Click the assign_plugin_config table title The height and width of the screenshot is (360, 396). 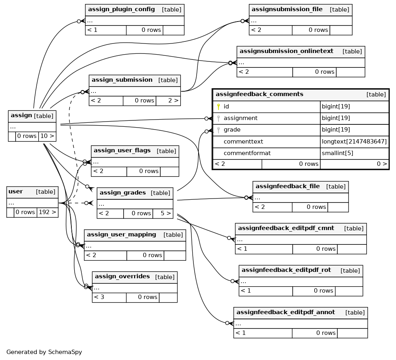pos(121,9)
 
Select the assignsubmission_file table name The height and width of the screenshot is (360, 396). pos(287,9)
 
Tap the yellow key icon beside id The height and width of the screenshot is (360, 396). pos(219,106)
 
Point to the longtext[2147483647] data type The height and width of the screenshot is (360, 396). pos(354,142)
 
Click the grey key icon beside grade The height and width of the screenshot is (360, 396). pos(219,130)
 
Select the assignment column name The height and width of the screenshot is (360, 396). pos(240,118)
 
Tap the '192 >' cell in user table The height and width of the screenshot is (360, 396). pos(47,212)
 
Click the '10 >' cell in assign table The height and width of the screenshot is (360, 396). pos(47,136)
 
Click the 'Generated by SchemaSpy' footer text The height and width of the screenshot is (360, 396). pos(44,352)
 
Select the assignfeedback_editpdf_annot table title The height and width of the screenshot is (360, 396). pos(286,312)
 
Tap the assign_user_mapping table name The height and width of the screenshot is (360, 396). pos(122,234)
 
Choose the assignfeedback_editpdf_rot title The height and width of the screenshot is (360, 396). pos(286,270)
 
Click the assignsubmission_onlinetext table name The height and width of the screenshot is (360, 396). pos(286,51)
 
